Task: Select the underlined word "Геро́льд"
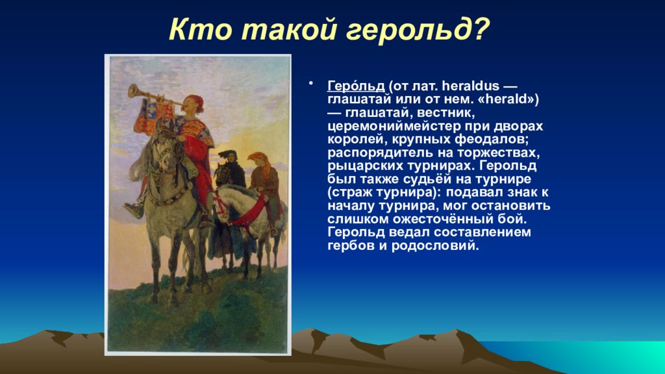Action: (356, 86)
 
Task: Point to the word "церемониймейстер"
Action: (394, 127)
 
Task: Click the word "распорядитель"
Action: (381, 153)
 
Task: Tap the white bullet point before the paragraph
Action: (311, 83)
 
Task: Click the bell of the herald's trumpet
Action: (134, 91)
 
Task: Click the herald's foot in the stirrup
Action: (134, 210)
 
